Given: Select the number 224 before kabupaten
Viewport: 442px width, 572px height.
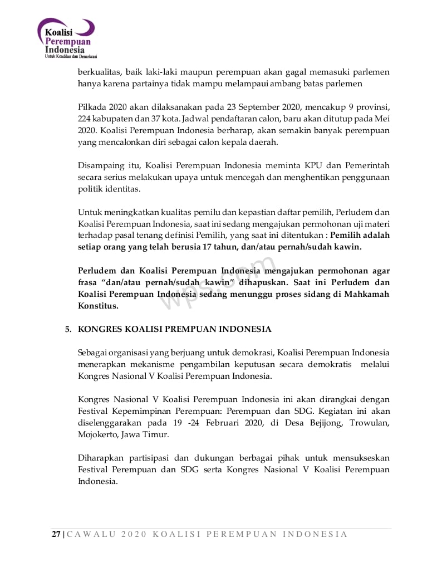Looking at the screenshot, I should (x=86, y=119).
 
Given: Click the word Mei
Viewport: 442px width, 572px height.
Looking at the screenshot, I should (x=382, y=119).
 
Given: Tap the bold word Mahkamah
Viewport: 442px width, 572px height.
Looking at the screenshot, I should (x=369, y=294).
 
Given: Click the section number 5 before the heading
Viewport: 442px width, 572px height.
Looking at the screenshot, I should (x=68, y=329).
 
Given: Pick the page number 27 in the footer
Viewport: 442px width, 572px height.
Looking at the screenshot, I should (x=56, y=534).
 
